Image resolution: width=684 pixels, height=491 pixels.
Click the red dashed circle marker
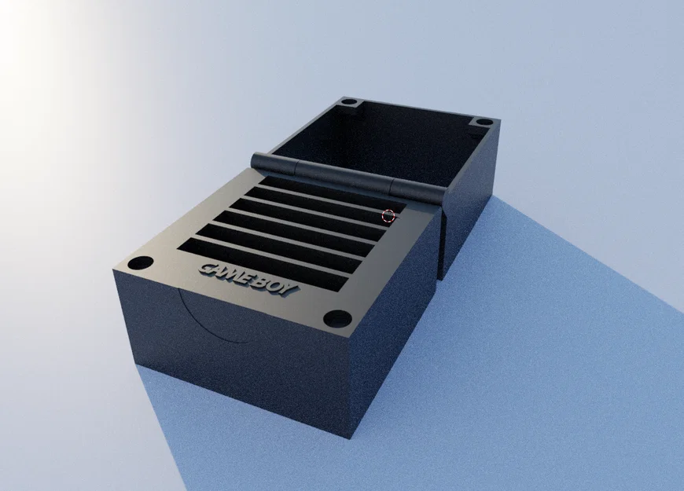(388, 215)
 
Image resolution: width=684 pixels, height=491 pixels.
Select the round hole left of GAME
(141, 263)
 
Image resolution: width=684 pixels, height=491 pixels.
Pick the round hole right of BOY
(338, 318)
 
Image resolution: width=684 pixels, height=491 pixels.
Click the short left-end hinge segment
(274, 162)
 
